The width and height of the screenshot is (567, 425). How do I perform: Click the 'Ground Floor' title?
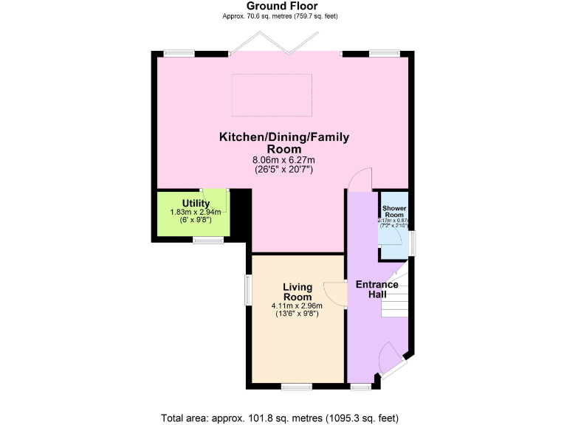coord(283,6)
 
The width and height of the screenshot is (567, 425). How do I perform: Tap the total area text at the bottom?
coord(280,417)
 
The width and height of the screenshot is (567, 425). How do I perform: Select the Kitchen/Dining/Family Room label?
coord(283,142)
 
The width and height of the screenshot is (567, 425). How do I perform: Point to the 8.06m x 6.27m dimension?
coord(283,160)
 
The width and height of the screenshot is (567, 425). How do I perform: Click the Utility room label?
coord(196,203)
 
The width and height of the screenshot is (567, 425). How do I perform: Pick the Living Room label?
coord(298,291)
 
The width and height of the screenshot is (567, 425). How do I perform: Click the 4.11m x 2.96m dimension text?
coord(298,306)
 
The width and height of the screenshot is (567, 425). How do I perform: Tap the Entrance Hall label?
coord(377,289)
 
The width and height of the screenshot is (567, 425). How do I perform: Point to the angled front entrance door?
coord(390,362)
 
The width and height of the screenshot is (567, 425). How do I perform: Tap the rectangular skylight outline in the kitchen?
coord(272,94)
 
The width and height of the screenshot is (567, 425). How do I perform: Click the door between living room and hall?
coord(338,293)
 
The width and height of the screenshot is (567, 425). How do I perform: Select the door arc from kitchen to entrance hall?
coord(360,179)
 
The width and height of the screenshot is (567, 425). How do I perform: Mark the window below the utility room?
coord(208,240)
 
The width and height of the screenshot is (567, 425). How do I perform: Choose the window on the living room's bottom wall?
coord(297,386)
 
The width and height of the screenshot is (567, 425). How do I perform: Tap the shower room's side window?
coord(412,241)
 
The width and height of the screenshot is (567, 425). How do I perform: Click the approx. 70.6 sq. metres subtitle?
coord(283,15)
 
